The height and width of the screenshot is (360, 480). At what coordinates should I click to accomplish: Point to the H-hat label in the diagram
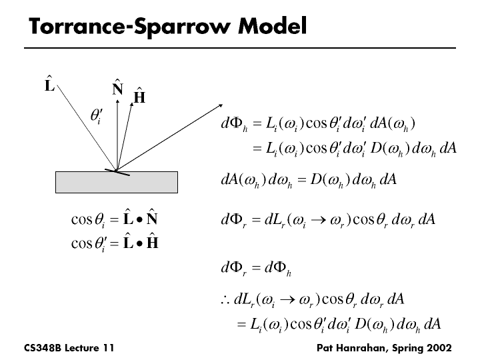click(x=139, y=97)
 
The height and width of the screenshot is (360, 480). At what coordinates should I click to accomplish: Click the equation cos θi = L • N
click(x=113, y=221)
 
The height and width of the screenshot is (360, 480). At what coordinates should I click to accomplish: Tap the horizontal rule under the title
click(x=239, y=48)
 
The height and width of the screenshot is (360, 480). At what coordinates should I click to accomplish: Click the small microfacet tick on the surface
click(x=121, y=173)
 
